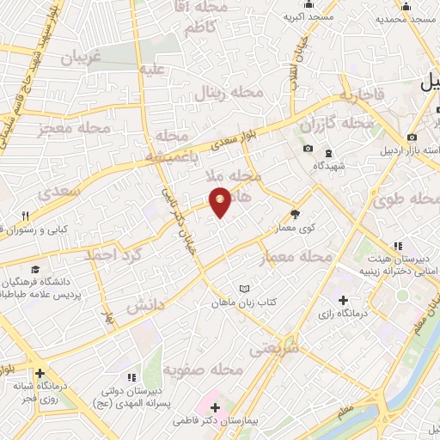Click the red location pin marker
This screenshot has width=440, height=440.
coord(221,201)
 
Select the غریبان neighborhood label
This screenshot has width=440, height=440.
coord(82,57)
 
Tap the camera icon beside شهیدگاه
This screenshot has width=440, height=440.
coord(309,149)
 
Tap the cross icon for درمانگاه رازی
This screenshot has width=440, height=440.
coord(344,301)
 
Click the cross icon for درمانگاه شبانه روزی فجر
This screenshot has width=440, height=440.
coord(40,374)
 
